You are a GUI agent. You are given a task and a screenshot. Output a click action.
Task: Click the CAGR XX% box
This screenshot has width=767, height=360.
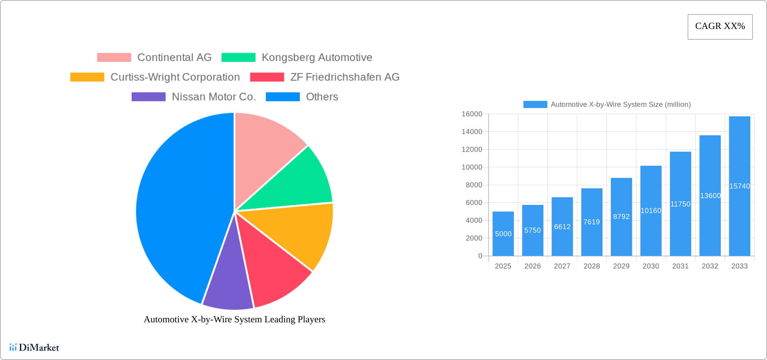tap(720, 27)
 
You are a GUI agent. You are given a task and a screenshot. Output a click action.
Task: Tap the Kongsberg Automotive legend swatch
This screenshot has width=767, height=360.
tap(238, 58)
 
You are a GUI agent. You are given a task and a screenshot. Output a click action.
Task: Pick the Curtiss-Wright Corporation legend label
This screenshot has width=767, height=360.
tap(175, 77)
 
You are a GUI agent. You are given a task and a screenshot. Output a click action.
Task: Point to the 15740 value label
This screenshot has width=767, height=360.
tap(739, 186)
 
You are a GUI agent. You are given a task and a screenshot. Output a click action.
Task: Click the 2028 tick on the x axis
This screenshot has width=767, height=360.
tap(591, 266)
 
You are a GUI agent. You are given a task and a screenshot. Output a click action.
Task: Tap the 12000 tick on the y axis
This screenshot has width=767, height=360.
tap(472, 149)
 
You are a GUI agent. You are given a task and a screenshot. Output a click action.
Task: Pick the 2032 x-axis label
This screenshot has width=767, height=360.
tap(710, 266)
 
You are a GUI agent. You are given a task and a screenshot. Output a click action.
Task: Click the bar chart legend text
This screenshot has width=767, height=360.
tap(620, 105)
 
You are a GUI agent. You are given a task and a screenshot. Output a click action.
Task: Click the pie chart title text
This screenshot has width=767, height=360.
tap(234, 319)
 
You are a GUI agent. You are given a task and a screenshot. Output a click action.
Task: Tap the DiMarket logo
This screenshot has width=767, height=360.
tap(34, 347)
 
